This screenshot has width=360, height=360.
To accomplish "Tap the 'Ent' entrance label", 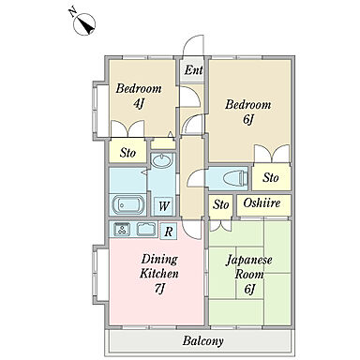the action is click(x=193, y=70).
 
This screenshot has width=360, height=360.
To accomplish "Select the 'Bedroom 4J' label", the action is click(x=139, y=96).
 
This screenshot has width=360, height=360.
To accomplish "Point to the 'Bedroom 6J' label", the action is click(x=247, y=112).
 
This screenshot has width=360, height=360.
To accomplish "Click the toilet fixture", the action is click(x=236, y=178).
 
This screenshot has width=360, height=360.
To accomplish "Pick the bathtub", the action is click(x=128, y=204).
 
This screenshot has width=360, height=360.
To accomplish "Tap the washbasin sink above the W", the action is click(x=161, y=160).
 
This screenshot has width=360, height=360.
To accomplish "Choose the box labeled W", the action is click(x=164, y=206).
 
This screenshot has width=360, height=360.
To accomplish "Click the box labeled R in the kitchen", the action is click(x=169, y=232).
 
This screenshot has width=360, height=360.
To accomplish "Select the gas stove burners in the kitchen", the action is click(x=122, y=230).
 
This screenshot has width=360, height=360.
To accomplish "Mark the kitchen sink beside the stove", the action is click(x=146, y=230).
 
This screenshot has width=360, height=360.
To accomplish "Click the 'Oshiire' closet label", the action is click(x=262, y=203).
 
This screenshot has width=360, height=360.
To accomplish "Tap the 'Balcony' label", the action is click(x=203, y=340).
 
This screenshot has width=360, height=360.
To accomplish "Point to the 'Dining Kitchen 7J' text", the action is click(x=159, y=274).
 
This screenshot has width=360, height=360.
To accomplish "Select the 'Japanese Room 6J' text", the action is click(x=248, y=275).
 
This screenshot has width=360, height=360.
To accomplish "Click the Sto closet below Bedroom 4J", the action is click(x=127, y=151).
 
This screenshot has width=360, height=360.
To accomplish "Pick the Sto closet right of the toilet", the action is click(x=271, y=177).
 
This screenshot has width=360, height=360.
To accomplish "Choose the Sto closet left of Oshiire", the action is click(x=220, y=205).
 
